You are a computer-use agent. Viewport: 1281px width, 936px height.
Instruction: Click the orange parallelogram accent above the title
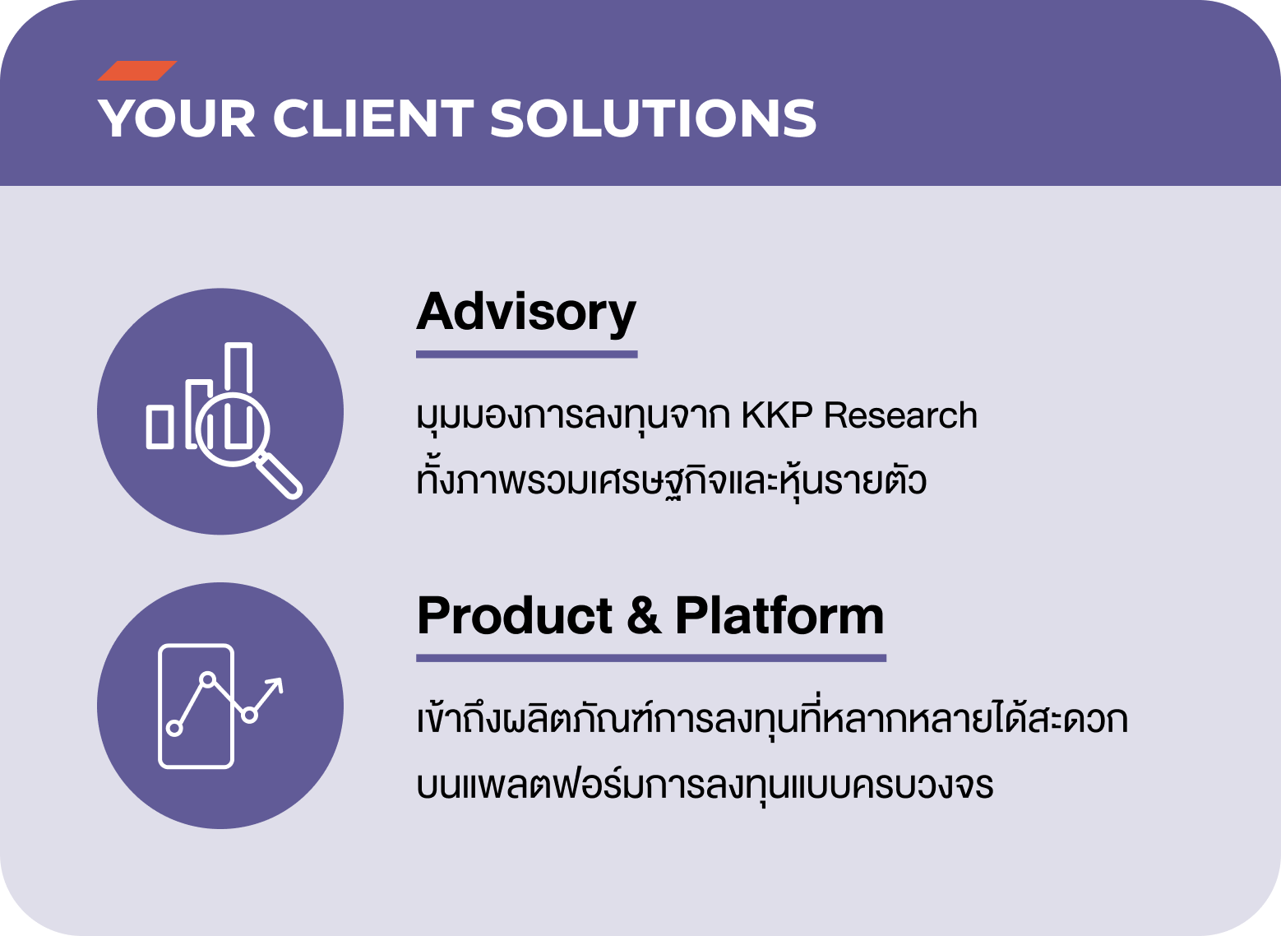[x=137, y=71]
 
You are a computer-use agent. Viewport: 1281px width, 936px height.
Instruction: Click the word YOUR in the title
[x=176, y=118]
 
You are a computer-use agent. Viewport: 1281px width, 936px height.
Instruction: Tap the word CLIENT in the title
[x=373, y=118]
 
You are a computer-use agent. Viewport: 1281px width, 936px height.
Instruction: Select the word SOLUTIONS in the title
[x=653, y=118]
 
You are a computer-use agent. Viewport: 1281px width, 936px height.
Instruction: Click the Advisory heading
[x=526, y=313]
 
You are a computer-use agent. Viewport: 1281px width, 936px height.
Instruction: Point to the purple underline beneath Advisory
[x=527, y=354]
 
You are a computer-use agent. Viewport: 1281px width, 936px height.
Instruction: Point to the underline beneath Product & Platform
[x=651, y=658]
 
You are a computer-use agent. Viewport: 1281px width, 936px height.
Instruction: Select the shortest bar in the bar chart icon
[x=160, y=427]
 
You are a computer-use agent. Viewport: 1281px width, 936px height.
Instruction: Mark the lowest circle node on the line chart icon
[x=174, y=728]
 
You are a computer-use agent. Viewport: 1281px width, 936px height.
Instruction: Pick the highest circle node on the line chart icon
[x=207, y=679]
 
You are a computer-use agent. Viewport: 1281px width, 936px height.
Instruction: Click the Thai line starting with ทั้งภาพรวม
[x=672, y=480]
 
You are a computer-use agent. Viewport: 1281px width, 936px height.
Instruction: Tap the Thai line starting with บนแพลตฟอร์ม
[x=705, y=785]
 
